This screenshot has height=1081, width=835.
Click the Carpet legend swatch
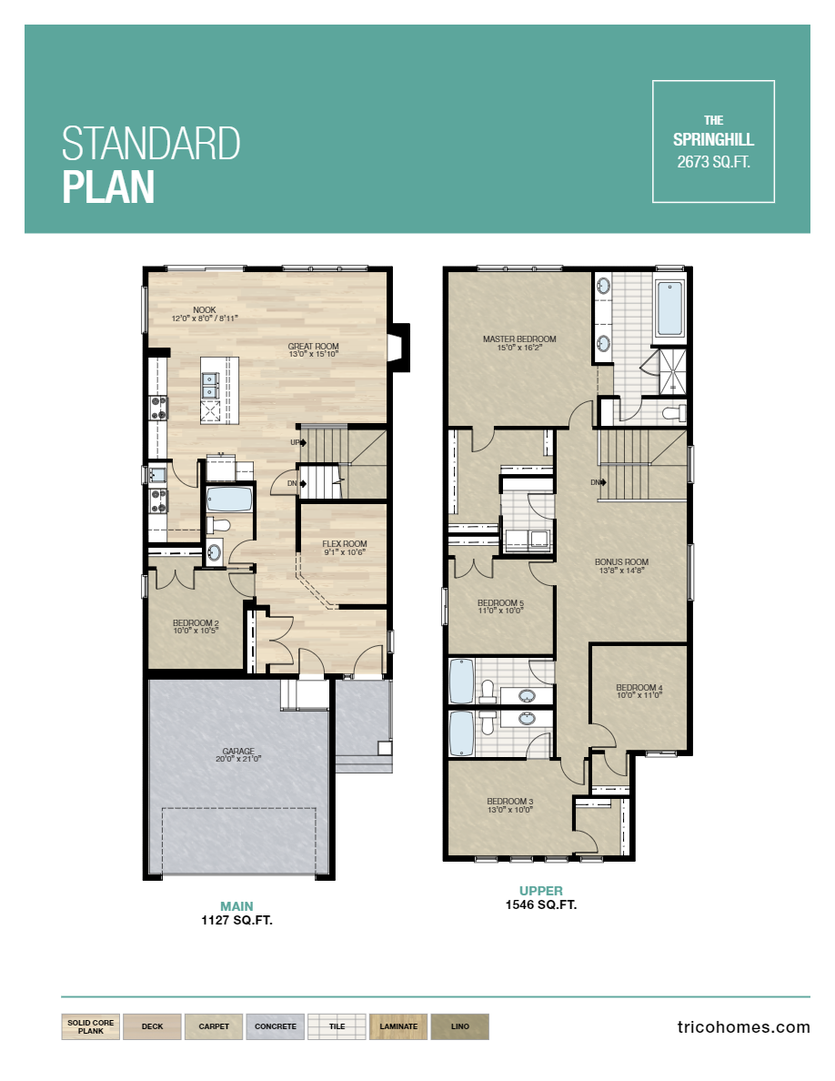click(x=214, y=1026)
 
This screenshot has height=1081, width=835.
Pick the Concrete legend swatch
click(x=275, y=1026)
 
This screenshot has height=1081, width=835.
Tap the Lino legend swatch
click(x=459, y=1026)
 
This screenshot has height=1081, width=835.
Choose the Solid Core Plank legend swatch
click(x=91, y=1026)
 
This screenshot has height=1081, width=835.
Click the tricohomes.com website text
click(x=743, y=1026)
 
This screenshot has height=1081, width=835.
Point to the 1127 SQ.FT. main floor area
click(x=236, y=920)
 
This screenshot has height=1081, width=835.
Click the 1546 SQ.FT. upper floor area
click(x=540, y=904)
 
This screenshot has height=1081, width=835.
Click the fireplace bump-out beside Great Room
click(x=398, y=348)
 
